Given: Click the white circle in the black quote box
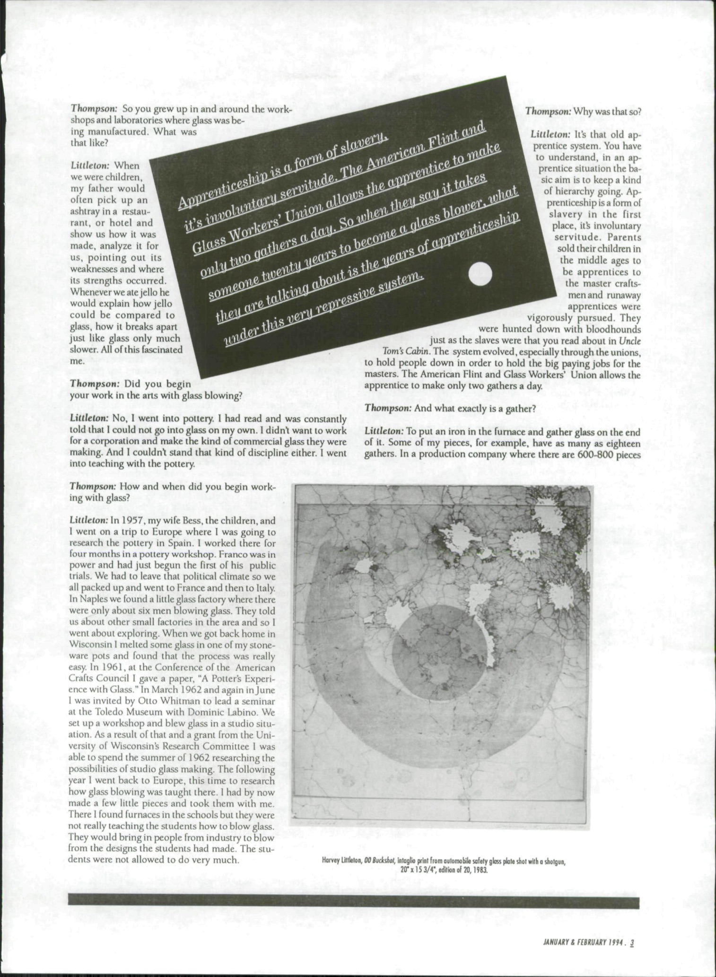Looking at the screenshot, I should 480,274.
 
